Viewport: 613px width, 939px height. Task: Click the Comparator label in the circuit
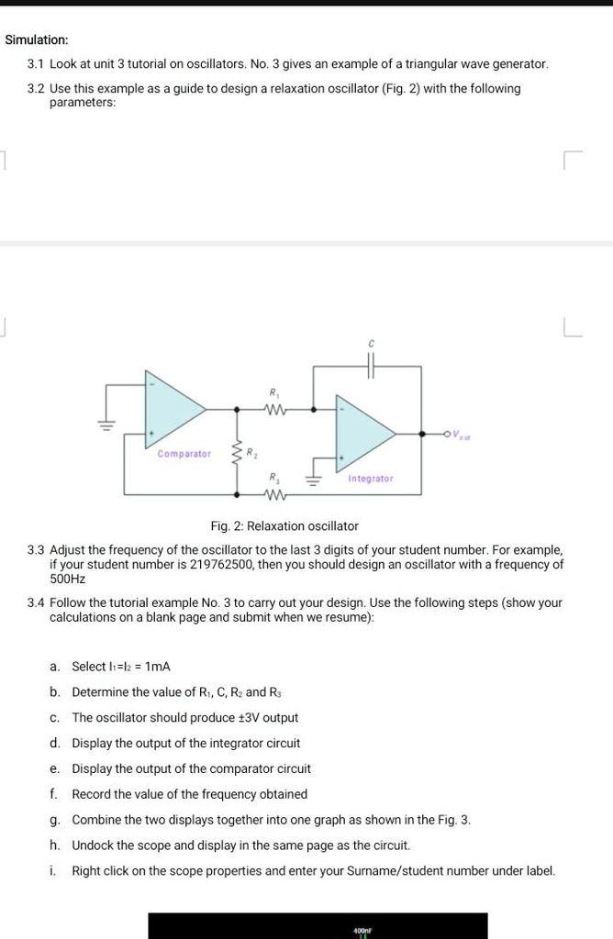point(184,454)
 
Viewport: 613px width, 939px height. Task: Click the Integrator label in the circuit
point(371,479)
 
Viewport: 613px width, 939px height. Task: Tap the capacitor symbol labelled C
point(372,366)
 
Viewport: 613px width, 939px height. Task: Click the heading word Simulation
point(37,40)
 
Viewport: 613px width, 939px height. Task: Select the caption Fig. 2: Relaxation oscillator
point(284,526)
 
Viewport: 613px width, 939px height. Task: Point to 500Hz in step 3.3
point(67,580)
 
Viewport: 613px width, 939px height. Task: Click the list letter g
point(55,820)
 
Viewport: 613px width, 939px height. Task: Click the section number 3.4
point(36,602)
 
